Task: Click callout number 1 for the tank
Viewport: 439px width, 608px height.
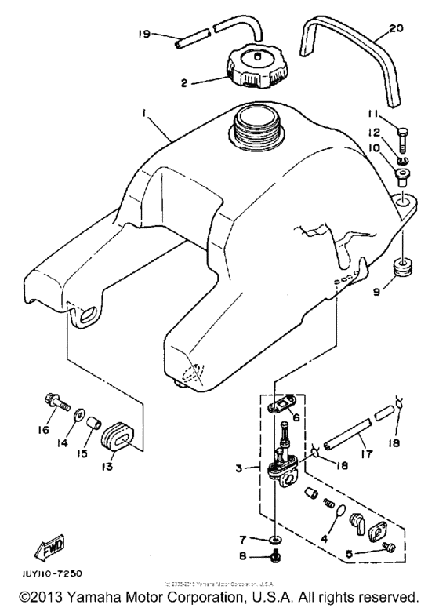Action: [x=143, y=114]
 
